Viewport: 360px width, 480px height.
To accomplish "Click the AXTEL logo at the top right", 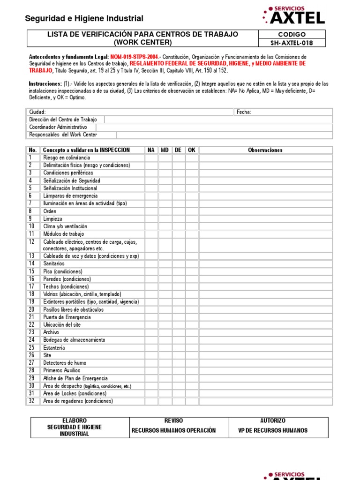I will tap(294, 15).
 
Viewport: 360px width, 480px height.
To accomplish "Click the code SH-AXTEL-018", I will tap(292, 43).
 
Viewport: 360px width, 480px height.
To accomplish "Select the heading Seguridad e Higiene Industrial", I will tap(84, 19).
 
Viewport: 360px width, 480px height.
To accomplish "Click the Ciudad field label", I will tap(37, 112).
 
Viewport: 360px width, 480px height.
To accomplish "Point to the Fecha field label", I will tap(244, 112).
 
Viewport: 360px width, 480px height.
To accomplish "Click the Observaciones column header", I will tap(265, 150).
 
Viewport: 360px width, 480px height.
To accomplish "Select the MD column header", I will tap(165, 150).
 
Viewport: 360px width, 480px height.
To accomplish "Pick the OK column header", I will tap(192, 150).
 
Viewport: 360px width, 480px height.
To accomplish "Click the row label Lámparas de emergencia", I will tap(70, 196).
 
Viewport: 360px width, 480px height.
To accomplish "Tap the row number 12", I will tap(32, 242).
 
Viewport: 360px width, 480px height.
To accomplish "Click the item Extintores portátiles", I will tap(90, 302).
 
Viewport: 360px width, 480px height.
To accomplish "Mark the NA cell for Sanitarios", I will tap(151, 264).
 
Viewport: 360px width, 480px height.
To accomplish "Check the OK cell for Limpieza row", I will tap(192, 219).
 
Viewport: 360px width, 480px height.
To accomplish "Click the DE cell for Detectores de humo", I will tap(179, 363).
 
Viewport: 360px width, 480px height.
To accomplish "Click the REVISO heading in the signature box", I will tap(173, 420).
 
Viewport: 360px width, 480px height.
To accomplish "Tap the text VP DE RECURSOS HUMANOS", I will tap(272, 430).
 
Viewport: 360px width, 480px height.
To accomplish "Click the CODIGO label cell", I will tap(292, 34).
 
